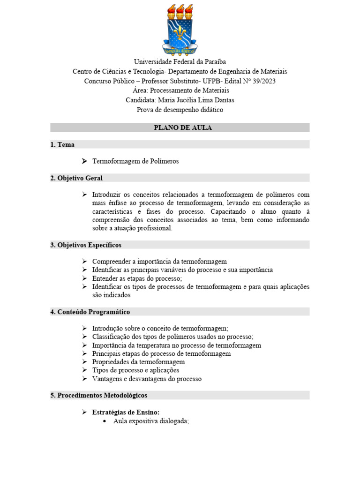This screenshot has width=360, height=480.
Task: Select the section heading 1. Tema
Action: tap(62, 145)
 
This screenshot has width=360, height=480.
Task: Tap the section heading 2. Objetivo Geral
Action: tap(76, 178)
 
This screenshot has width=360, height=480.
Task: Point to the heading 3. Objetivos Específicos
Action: tap(86, 245)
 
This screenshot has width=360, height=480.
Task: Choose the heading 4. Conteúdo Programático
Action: tap(90, 312)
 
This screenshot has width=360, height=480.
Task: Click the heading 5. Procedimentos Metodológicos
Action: tap(99, 395)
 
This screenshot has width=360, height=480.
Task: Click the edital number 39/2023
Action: tap(263, 81)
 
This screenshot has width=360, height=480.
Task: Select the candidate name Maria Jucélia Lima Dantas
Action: tap(196, 100)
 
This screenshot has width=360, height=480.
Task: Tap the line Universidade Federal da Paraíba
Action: tap(180, 62)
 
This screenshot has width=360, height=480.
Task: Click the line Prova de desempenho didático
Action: tap(180, 110)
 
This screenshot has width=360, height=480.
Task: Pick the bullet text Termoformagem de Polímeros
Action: tap(135, 161)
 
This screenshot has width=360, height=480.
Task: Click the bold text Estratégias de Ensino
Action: tap(126, 412)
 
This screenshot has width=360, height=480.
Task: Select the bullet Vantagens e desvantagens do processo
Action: tap(147, 379)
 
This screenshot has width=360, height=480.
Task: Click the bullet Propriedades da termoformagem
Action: tap(138, 362)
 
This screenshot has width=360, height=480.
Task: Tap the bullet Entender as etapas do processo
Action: tap(137, 278)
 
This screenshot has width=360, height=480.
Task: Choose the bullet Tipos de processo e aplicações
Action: tap(135, 370)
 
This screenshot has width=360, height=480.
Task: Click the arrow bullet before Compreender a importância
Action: tap(84, 262)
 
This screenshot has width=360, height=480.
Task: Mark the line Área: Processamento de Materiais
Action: tap(180, 90)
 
